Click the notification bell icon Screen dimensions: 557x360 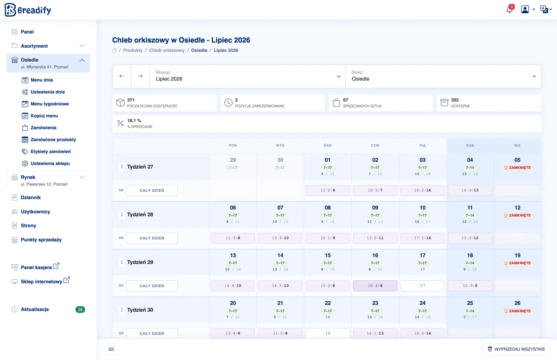[509, 9]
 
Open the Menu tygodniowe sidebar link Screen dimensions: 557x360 [49, 104]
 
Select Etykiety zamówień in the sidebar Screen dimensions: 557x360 [50, 152]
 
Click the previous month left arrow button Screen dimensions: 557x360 [122, 76]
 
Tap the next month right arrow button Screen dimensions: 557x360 [140, 76]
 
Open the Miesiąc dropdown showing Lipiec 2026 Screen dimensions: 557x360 [248, 76]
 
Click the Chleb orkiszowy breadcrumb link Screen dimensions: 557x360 [167, 50]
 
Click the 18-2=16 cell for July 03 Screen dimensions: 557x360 [423, 190]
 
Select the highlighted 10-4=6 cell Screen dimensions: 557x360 [375, 286]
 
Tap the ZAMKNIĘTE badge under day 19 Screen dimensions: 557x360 [517, 263]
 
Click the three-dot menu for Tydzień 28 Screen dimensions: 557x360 [121, 214]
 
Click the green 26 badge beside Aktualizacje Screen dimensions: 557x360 [80, 310]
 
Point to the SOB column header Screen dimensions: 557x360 [470, 145]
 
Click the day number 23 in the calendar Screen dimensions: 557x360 [375, 303]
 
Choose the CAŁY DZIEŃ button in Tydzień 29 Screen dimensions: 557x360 [152, 286]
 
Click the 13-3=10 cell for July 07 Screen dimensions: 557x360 [280, 238]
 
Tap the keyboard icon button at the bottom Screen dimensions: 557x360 [111, 349]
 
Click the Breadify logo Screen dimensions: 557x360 [28, 10]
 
